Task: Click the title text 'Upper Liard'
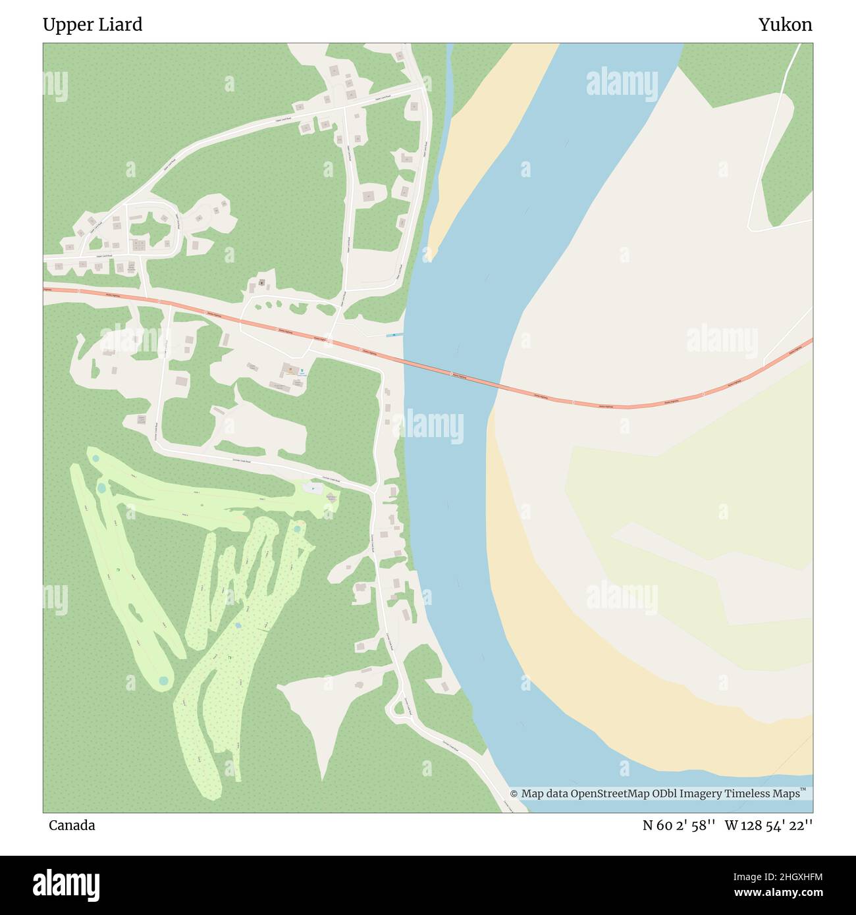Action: (92, 25)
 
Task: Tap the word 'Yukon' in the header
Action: (785, 25)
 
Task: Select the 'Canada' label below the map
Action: (71, 825)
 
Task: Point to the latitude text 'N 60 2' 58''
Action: (679, 825)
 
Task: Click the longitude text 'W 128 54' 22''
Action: (768, 825)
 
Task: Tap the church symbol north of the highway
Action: (261, 283)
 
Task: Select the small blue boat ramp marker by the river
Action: (394, 335)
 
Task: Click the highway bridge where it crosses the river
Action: (451, 375)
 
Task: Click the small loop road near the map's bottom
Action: (397, 708)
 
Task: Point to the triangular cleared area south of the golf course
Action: (323, 718)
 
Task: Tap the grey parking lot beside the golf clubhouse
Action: (313, 488)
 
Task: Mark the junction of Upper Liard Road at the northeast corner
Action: (422, 86)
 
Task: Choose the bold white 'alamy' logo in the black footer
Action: (67, 885)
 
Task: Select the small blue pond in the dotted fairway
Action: (238, 624)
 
